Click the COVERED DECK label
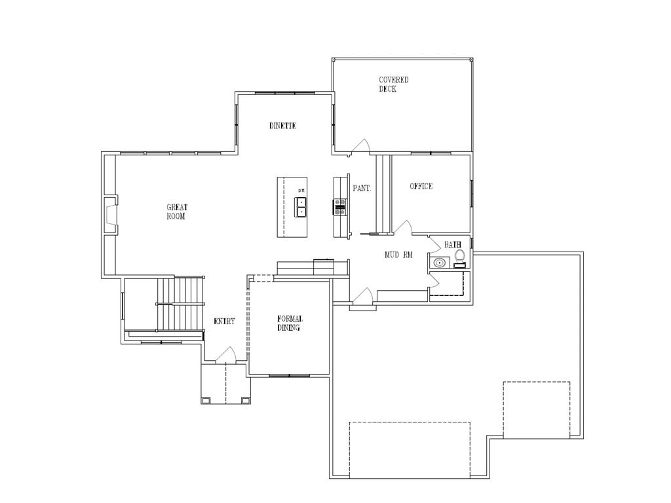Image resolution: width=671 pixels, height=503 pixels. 393,84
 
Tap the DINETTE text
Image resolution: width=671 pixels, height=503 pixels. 282,126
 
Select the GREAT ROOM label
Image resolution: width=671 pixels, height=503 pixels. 176,212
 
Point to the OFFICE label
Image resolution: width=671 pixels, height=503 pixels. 421,187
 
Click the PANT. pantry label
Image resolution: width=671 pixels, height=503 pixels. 362,189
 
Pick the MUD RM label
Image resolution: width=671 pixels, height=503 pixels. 398,255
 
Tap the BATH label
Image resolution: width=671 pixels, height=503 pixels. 452,245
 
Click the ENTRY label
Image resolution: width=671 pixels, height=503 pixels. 224,322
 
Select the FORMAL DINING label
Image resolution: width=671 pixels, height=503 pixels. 289,324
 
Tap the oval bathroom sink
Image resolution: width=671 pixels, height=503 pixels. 439,263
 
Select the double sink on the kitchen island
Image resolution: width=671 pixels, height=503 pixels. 301,207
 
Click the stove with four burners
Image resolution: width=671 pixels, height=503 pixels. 341,207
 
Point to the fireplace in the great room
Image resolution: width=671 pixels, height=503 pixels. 111,215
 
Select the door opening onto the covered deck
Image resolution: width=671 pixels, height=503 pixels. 361,147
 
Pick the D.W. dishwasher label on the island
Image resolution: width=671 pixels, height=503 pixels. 301,191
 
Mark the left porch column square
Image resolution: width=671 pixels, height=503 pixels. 207,400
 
